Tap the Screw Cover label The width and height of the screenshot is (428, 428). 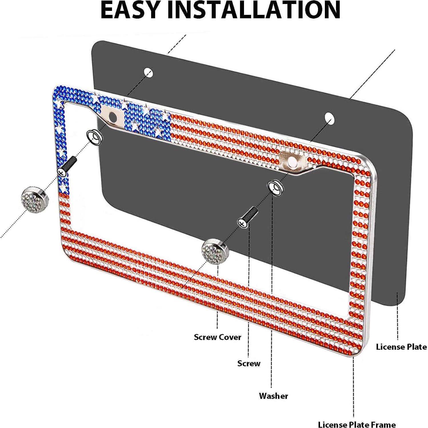(217, 337)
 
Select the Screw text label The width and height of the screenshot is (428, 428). (249, 363)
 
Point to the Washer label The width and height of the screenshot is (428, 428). (273, 396)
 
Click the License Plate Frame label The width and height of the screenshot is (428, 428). (357, 424)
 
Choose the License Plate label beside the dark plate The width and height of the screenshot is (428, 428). (401, 347)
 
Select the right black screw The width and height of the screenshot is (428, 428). (247, 217)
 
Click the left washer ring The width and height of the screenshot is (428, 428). (95, 137)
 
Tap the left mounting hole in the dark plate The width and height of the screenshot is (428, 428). (148, 73)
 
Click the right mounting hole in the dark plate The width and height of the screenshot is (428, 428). (329, 118)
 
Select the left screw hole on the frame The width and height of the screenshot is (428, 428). (113, 116)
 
